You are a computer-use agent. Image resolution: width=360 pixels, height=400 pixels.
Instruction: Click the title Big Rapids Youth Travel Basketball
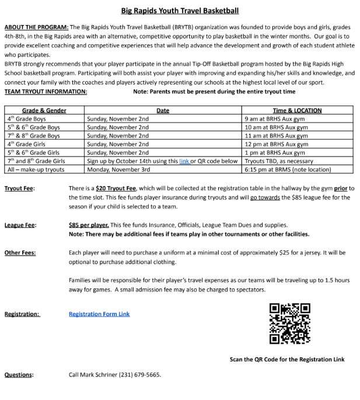pyautogui.click(x=180, y=11)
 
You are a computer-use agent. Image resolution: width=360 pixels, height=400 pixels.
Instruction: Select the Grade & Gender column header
pyautogui.click(x=44, y=110)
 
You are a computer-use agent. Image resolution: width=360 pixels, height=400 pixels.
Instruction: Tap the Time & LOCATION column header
pyautogui.click(x=297, y=110)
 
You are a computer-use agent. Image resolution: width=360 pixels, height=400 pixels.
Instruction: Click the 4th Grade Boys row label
pyautogui.click(x=27, y=119)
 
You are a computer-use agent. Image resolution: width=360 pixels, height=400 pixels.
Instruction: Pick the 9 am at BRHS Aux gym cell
pyautogui.click(x=276, y=119)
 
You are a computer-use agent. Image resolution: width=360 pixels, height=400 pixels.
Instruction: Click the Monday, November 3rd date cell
pyautogui.click(x=118, y=169)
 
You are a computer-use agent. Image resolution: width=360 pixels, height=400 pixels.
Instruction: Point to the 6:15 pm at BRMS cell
pyautogui.click(x=288, y=169)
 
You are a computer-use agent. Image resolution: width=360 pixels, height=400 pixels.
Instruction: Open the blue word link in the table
pyautogui.click(x=184, y=161)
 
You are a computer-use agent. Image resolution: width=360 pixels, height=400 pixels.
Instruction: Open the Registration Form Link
pyautogui.click(x=99, y=314)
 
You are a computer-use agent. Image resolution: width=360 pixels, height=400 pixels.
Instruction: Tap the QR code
pyautogui.click(x=290, y=323)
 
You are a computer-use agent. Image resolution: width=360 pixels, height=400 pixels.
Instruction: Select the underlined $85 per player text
pyautogui.click(x=89, y=225)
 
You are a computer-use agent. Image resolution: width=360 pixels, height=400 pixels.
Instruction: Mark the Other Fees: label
pyautogui.click(x=20, y=253)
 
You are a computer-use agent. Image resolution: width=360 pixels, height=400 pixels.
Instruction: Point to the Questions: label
pyautogui.click(x=19, y=375)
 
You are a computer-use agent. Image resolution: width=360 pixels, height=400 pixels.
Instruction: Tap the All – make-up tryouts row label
pyautogui.click(x=36, y=169)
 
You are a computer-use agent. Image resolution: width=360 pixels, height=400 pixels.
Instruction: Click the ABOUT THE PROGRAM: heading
pyautogui.click(x=36, y=27)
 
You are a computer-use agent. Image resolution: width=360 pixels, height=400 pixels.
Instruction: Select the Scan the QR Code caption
pyautogui.click(x=287, y=359)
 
